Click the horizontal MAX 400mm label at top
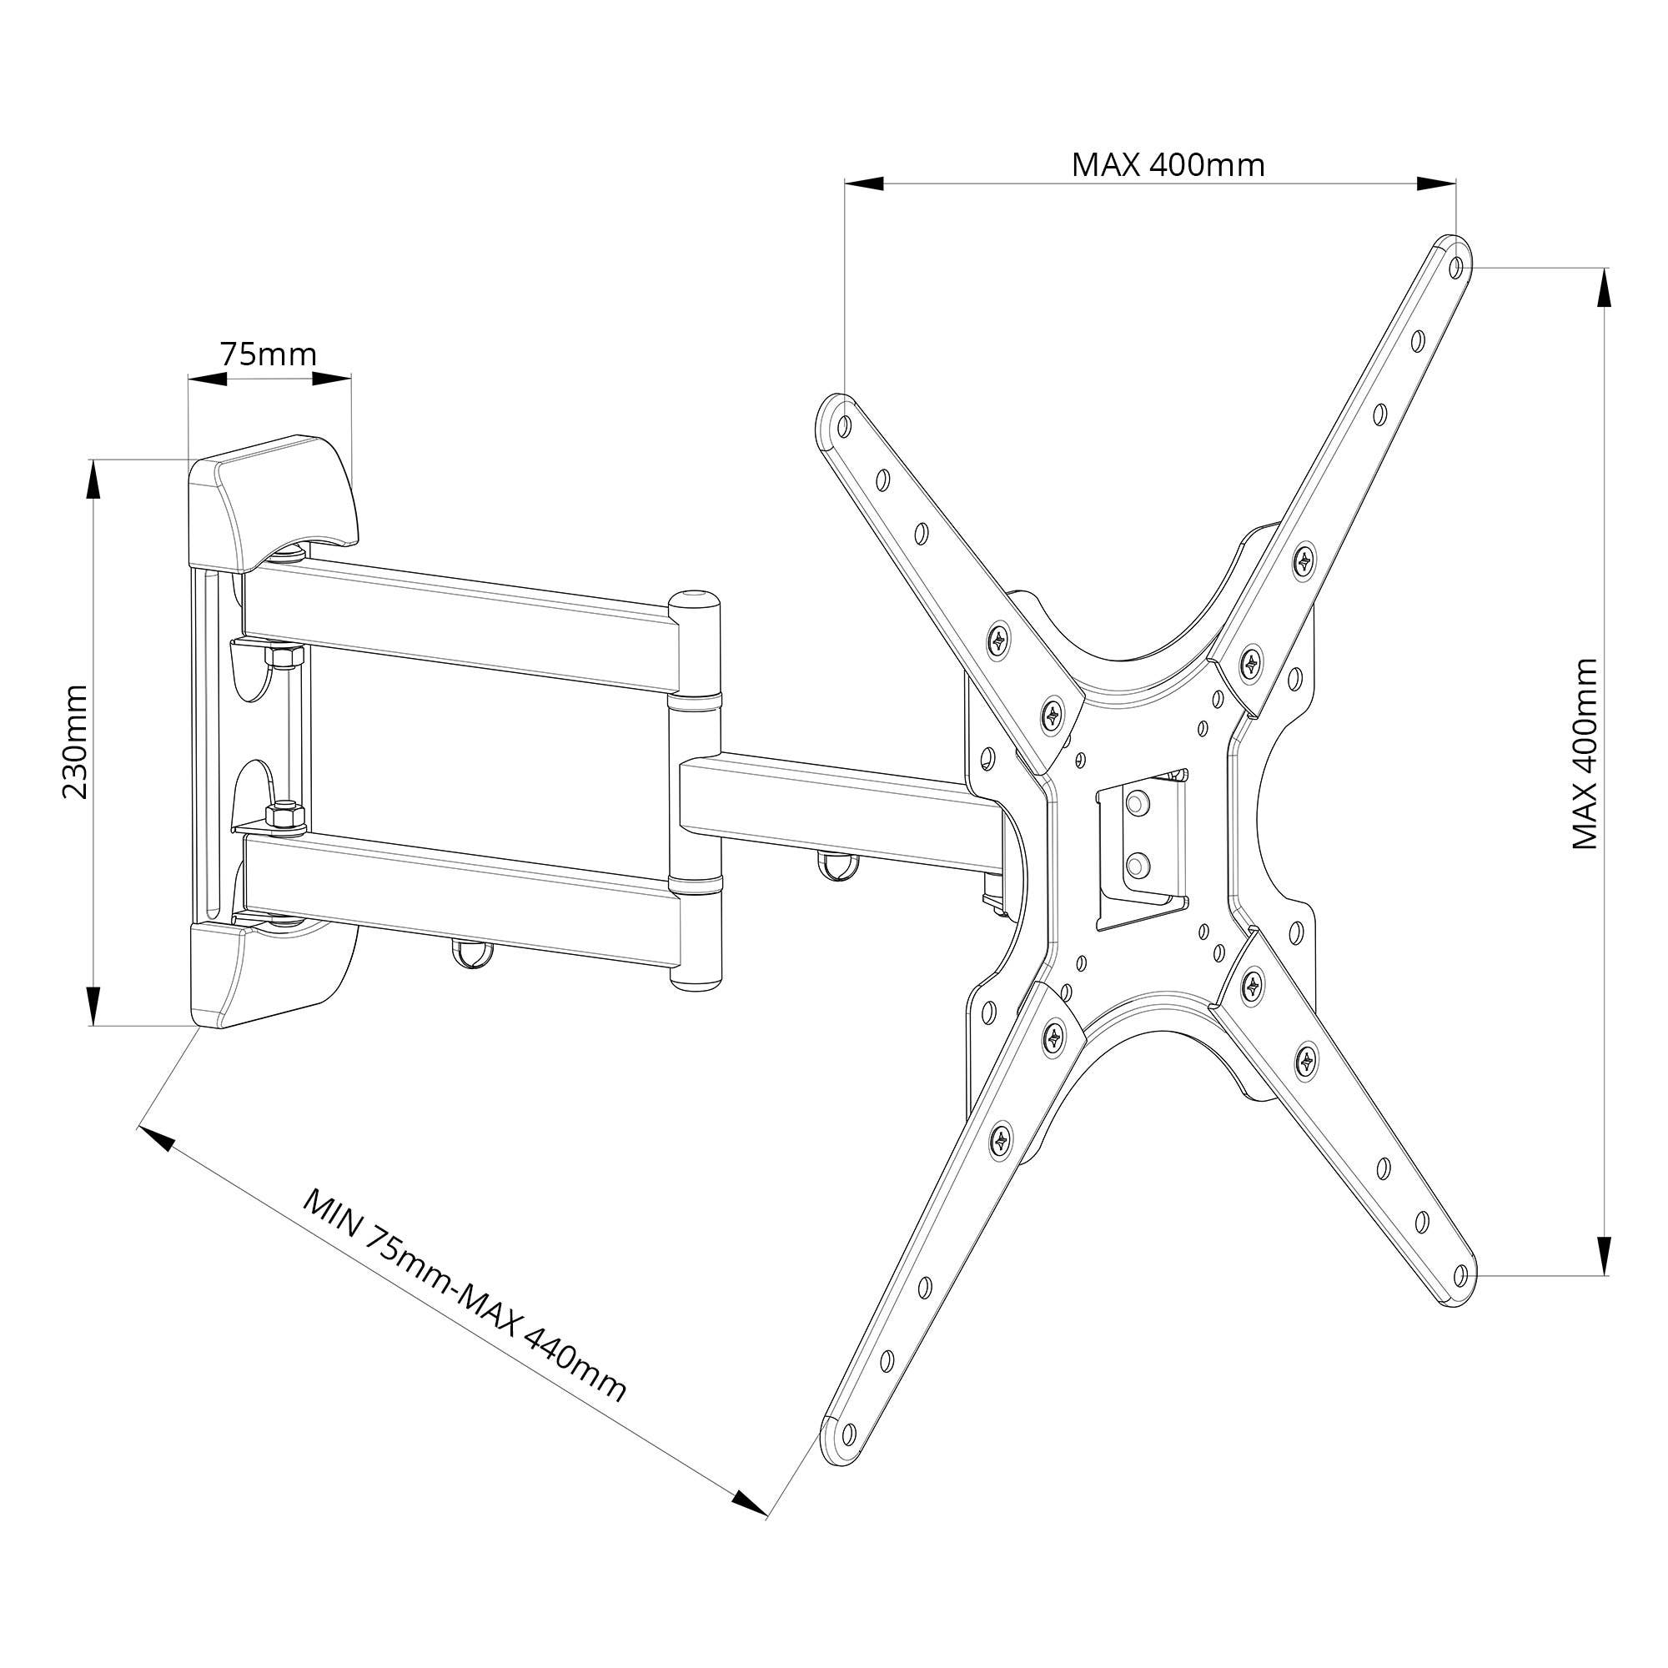1168,165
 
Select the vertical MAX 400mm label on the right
1585,754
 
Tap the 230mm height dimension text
75,741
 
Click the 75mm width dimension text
269,354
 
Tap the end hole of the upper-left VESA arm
843,425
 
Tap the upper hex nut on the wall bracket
284,657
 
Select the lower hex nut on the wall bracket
284,815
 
